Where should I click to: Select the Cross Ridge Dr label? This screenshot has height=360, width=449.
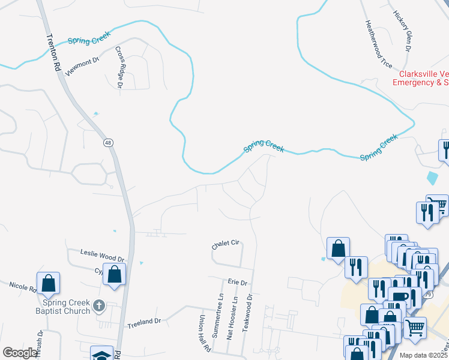pyautogui.click(x=119, y=68)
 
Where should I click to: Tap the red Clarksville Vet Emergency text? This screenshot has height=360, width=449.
pyautogui.click(x=420, y=79)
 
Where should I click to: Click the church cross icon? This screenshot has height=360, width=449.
pyautogui.click(x=100, y=307)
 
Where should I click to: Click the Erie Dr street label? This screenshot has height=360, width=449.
pyautogui.click(x=238, y=282)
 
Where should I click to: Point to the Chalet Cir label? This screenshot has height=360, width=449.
pyautogui.click(x=225, y=244)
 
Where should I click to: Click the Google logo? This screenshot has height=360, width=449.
pyautogui.click(x=20, y=353)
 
